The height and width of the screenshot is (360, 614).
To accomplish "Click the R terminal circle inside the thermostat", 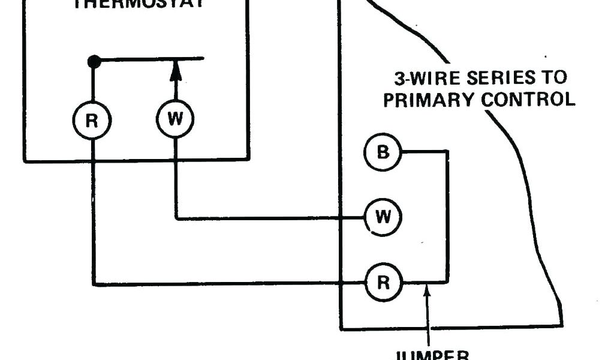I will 92,121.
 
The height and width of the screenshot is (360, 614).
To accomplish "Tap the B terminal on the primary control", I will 383,152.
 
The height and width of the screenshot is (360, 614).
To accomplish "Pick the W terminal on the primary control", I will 383,217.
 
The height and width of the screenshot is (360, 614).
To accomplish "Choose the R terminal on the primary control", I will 383,282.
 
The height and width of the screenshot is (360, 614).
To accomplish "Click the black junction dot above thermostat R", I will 93,61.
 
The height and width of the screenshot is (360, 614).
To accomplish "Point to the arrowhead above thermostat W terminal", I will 175,70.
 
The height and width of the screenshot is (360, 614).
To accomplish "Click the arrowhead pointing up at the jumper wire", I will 426,292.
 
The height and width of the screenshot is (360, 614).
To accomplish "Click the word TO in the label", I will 553,79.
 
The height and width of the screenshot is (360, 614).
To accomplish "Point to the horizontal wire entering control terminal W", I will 270,218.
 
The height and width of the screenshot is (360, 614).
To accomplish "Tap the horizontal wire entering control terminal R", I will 240,284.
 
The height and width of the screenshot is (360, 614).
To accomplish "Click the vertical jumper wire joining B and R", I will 447,216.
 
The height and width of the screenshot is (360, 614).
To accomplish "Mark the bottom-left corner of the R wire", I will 93,284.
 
